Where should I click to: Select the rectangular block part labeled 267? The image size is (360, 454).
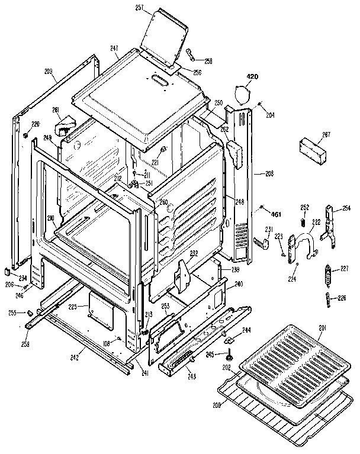coord(314,146)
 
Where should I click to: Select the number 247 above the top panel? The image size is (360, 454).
coord(114,49)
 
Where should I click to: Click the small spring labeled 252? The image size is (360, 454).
coord(304,223)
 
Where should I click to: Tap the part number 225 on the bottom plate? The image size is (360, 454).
coord(72,307)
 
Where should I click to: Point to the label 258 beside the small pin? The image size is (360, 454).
coord(208,61)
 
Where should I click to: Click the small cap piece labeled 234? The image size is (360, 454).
coord(7,272)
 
